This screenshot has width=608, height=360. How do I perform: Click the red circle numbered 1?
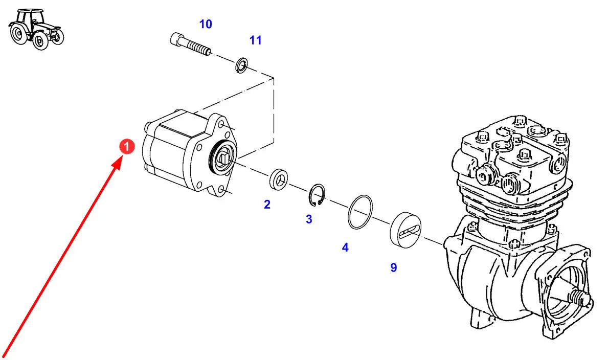(126, 147)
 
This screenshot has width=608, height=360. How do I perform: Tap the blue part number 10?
(206, 24)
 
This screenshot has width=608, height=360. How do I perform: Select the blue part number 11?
(255, 40)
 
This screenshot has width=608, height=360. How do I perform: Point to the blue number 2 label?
(267, 205)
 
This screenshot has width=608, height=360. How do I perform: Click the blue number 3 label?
(309, 219)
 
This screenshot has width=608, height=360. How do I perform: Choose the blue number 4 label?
(345, 247)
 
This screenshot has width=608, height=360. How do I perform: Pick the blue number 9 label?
(394, 267)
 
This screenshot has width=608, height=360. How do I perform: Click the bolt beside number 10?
(191, 44)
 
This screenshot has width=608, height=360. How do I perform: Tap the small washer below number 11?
(242, 65)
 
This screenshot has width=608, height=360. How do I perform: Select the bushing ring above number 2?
(278, 179)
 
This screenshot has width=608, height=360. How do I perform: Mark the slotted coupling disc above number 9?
(406, 230)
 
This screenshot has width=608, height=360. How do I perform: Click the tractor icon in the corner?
(36, 29)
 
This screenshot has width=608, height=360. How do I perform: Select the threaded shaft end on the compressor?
(579, 299)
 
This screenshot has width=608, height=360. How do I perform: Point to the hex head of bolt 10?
(177, 39)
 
